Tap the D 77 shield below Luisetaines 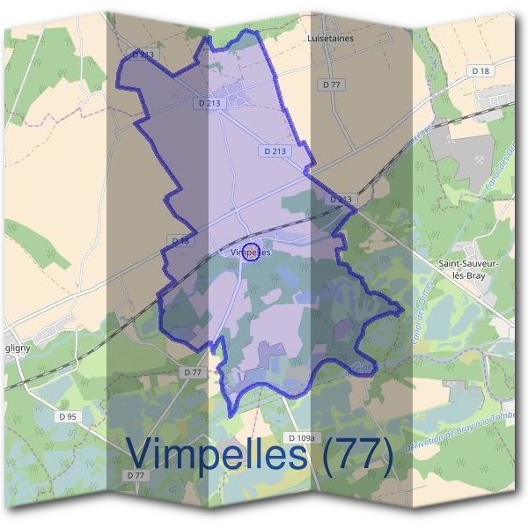331,84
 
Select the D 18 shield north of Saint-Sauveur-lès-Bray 480,70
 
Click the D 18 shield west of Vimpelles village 180,240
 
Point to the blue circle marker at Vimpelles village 250,252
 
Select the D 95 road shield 67,416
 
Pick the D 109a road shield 301,437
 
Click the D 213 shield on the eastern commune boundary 341,200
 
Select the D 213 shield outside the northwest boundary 143,55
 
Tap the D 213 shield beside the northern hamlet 210,103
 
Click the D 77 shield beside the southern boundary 194,372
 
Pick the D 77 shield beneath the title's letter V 135,475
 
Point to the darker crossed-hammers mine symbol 480,160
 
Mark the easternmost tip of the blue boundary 403,310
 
